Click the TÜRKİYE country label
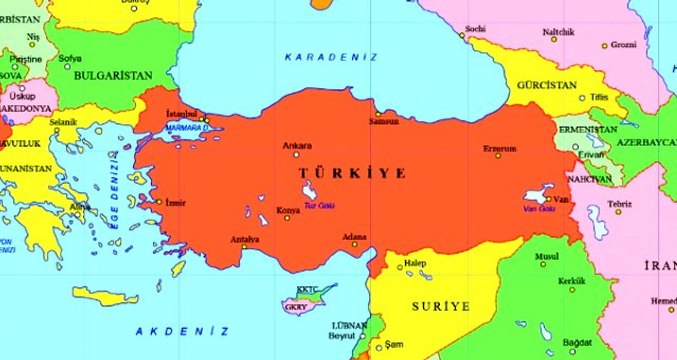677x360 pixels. [x=353, y=173]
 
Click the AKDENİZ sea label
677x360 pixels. [x=183, y=330]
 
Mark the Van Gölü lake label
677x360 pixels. [x=540, y=208]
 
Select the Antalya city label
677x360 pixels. [x=245, y=239]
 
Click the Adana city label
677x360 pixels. [x=355, y=236]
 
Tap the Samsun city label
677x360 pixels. [x=383, y=121]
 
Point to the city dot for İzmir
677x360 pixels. [x=158, y=202]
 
